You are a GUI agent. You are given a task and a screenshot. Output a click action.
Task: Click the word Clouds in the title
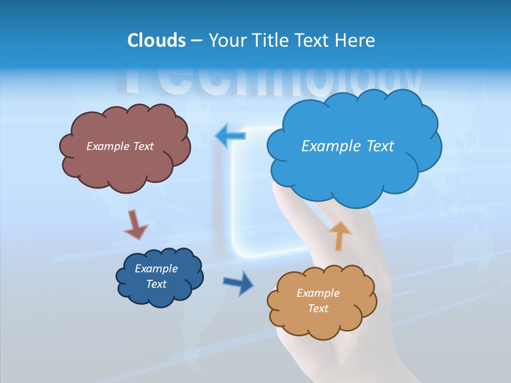[156, 40]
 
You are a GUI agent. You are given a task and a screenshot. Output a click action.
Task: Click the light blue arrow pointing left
[230, 136]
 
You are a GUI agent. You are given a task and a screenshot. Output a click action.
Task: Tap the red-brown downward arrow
[135, 225]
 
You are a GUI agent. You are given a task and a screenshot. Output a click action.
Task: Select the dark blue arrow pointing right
[239, 282]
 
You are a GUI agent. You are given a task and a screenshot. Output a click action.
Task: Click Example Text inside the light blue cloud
[348, 146]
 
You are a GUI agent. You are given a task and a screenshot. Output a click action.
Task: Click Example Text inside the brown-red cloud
[120, 146]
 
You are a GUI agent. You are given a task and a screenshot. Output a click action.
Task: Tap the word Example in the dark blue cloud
[156, 269]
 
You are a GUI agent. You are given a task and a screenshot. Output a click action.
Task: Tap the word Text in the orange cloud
[318, 309]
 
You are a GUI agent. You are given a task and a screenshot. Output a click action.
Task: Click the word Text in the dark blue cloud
[156, 284]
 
